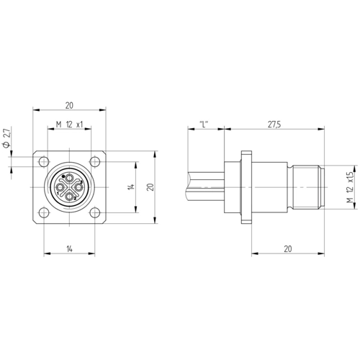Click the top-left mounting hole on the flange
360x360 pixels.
click(44, 161)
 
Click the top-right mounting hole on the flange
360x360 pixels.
click(95, 161)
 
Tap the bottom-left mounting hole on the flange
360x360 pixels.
click(44, 212)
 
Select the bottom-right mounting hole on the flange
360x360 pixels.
click(95, 212)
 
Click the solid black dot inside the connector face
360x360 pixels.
click(63, 176)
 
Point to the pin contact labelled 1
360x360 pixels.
click(60, 187)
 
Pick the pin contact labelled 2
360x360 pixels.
click(70, 197)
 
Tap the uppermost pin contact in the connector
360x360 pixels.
click(70, 178)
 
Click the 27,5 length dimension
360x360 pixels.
click(274, 125)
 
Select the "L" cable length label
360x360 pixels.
click(204, 125)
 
